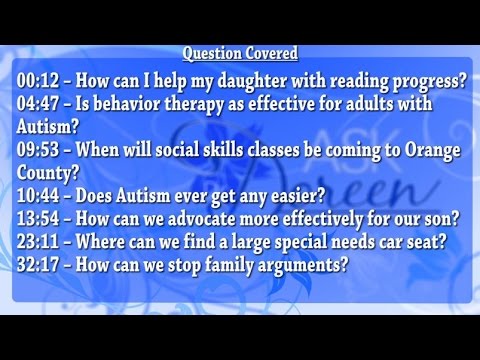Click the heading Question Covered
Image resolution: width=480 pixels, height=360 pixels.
(240, 53)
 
